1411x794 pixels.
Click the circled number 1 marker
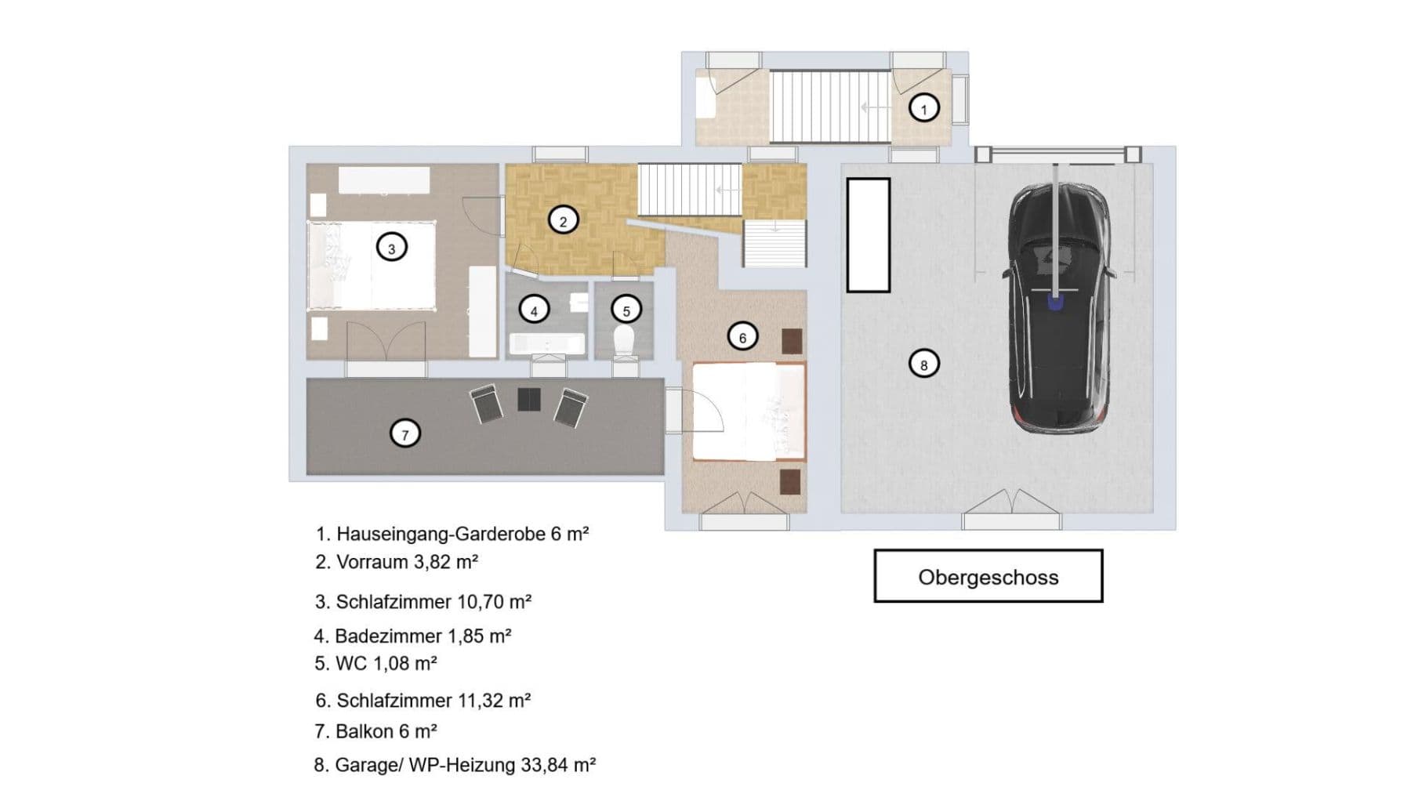tap(923, 108)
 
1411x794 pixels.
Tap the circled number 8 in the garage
tap(923, 364)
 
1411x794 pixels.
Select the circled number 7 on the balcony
tap(404, 433)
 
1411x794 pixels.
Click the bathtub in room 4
tap(546, 343)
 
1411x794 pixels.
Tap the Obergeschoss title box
tap(988, 576)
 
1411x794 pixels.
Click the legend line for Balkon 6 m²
tap(375, 731)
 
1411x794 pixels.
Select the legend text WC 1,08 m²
tap(375, 663)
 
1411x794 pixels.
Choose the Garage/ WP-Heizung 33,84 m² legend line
tap(455, 765)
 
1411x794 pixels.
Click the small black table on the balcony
tap(529, 399)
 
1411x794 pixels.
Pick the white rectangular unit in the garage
tap(868, 234)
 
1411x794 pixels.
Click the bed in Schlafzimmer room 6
tap(749, 412)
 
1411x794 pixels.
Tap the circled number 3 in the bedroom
tap(391, 248)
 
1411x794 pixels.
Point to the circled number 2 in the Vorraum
tap(562, 221)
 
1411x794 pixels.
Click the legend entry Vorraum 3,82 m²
tap(397, 562)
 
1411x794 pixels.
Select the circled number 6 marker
tap(742, 337)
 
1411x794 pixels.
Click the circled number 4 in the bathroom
tap(534, 310)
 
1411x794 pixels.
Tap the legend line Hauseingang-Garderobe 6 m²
tap(452, 534)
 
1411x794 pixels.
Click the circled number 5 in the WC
tap(626, 310)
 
